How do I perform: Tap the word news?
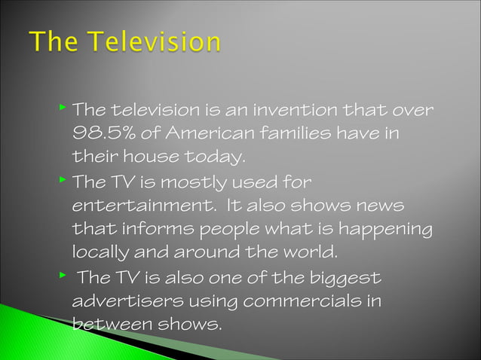point(377,206)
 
